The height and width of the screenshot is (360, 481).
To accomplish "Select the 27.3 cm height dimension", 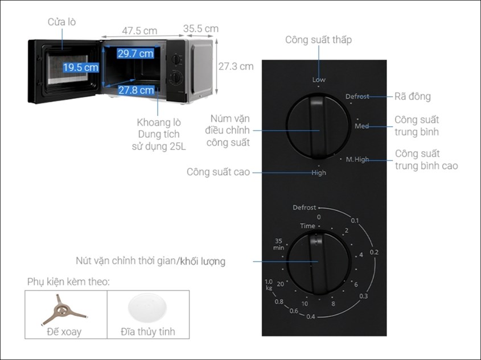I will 236,66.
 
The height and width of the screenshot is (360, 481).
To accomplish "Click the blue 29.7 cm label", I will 135,53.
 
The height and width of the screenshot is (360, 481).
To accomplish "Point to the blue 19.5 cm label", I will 81,68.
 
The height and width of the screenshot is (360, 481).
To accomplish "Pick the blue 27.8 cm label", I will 135,90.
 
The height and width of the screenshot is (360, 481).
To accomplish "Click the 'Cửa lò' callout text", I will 61,22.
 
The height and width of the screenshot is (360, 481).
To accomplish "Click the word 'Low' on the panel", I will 319,80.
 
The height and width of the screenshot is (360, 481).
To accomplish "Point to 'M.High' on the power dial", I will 357,160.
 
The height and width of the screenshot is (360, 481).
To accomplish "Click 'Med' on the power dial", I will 361,126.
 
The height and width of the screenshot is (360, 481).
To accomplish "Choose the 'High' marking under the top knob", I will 319,172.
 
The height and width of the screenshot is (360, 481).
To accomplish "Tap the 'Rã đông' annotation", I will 412,97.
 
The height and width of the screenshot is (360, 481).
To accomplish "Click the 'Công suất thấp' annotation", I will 319,40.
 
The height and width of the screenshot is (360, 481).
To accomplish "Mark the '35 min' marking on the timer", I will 278,244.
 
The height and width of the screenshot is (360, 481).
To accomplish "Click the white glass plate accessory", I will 147,309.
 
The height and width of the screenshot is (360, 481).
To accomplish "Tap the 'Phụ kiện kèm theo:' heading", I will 68,282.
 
